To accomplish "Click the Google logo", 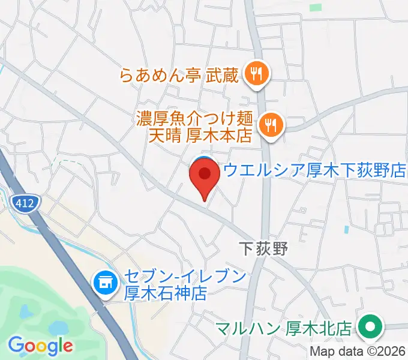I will click(x=40, y=346).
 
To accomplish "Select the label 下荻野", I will click(x=263, y=248).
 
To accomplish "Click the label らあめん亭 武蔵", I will click(x=179, y=76).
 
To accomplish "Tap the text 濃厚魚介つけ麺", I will click(x=196, y=118).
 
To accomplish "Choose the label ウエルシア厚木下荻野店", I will click(x=314, y=169).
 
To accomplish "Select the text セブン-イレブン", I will click(x=185, y=277).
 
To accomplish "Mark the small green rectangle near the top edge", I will click(x=315, y=7).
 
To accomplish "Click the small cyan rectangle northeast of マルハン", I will click(x=346, y=229).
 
